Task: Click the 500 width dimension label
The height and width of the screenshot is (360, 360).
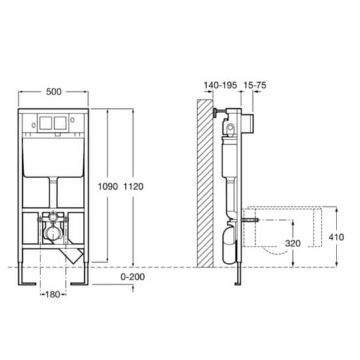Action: tap(53, 92)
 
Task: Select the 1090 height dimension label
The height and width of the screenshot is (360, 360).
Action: tap(108, 187)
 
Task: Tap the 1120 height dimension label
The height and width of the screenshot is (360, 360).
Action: tap(134, 187)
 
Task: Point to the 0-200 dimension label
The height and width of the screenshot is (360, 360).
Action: tap(132, 277)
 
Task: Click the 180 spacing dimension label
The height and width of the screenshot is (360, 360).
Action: tap(53, 294)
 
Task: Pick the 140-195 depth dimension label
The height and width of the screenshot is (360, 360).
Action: tap(220, 85)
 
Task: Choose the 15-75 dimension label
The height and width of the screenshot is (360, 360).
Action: tap(254, 85)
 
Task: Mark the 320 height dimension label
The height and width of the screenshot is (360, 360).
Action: tap(293, 243)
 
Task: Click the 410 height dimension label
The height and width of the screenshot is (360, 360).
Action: tap(336, 237)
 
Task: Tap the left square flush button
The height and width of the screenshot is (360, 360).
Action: tap(46, 123)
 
